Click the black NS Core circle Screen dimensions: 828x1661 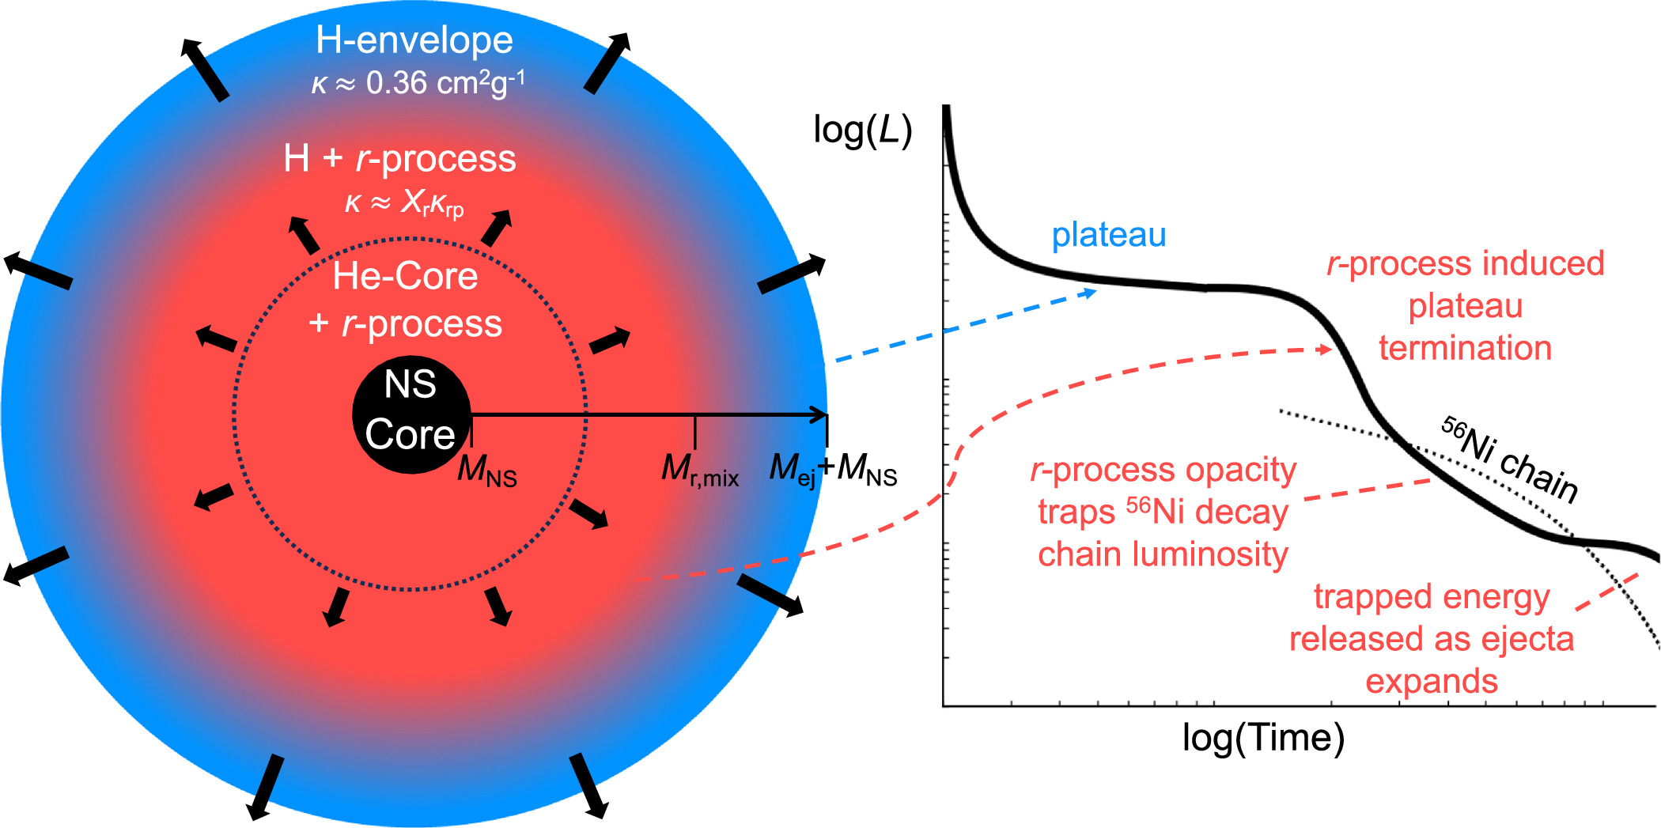(x=411, y=414)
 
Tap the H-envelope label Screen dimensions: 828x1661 (x=414, y=40)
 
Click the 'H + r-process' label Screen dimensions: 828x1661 (x=399, y=159)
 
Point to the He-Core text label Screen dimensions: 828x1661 (x=405, y=276)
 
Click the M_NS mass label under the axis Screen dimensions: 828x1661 (x=486, y=470)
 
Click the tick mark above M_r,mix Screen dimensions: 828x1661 (x=694, y=432)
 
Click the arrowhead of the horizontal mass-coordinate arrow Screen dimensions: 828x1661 (x=821, y=414)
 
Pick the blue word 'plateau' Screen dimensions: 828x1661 (x=1108, y=235)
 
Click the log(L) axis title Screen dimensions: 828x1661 (x=862, y=130)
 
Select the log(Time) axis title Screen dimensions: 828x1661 (x=1263, y=738)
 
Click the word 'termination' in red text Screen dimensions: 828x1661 (x=1465, y=348)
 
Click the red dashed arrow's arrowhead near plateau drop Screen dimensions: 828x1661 (x=1326, y=350)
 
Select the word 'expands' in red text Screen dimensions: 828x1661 (x=1431, y=681)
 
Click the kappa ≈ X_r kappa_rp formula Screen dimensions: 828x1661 (x=403, y=203)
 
